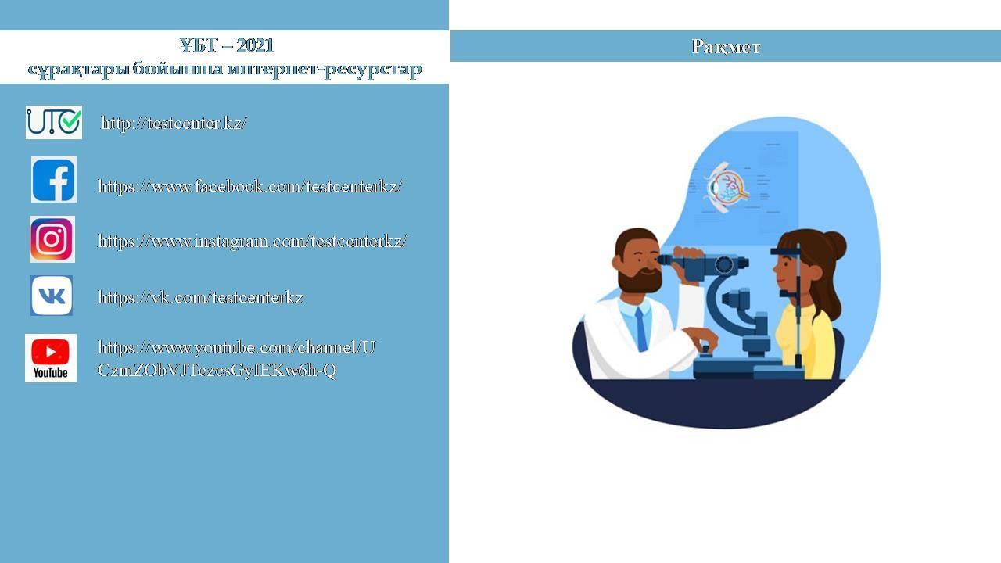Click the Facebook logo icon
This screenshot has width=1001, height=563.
[54, 180]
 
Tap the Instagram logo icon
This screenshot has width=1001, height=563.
[52, 239]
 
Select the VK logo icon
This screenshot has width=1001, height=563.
[52, 296]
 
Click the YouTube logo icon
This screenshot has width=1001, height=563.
[51, 358]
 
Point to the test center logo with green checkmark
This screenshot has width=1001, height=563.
[54, 123]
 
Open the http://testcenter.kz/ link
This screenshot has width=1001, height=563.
[174, 123]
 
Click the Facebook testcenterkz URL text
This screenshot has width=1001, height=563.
[249, 186]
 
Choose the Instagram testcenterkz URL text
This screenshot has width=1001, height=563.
[252, 242]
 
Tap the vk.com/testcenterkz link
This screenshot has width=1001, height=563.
[200, 298]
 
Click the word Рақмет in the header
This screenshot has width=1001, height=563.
[726, 47]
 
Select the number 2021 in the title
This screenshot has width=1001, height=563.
[255, 45]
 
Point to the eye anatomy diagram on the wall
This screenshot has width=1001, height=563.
[727, 187]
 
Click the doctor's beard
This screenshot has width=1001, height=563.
[640, 280]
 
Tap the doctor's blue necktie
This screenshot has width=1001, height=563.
[641, 329]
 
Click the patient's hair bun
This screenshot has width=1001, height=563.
[834, 245]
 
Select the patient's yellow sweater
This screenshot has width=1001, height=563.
[805, 342]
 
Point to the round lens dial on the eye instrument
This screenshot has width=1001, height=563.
[724, 264]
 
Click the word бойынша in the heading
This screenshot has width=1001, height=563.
[178, 70]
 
